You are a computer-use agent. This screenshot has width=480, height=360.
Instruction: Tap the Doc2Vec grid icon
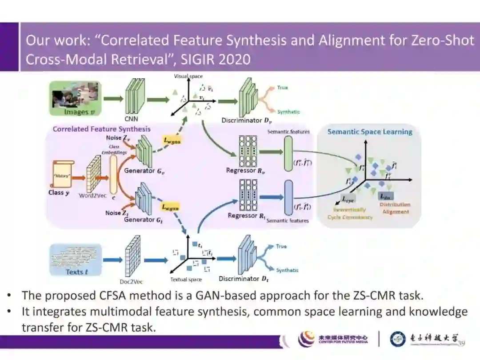point(132,257)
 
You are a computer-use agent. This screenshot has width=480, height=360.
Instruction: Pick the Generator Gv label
point(139,171)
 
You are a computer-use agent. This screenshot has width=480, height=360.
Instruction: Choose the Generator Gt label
point(140,220)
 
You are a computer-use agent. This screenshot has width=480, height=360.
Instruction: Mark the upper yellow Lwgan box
point(174,141)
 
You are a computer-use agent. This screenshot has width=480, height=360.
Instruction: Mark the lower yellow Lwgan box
point(171,207)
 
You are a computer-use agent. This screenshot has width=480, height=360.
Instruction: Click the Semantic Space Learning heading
point(369,132)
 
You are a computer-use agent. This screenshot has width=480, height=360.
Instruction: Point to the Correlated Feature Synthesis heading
point(101,129)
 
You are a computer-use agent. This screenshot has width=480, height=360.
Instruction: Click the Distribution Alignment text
point(395,208)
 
